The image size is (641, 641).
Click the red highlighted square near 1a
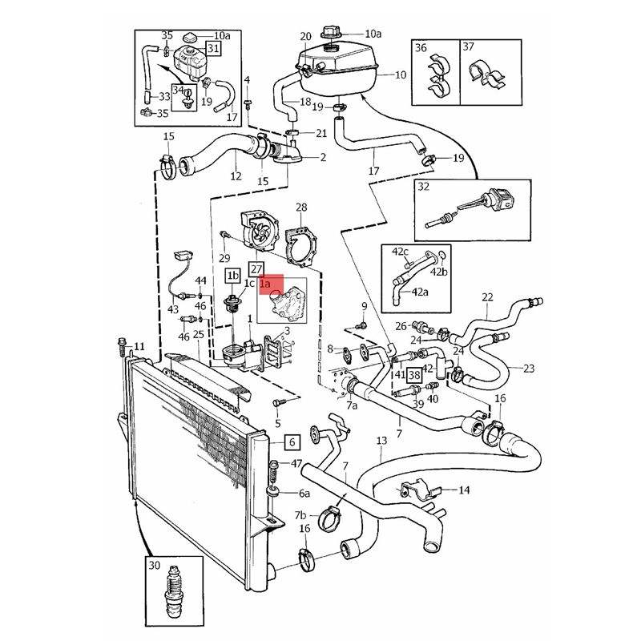tap(273, 284)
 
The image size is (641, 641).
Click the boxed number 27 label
tap(256, 269)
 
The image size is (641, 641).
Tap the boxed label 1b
tap(232, 276)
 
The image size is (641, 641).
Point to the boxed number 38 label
tap(414, 375)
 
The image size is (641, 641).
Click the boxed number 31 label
tap(213, 48)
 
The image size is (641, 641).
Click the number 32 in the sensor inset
tap(425, 188)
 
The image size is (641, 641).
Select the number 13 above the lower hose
tap(381, 441)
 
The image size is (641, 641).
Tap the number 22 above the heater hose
tap(487, 298)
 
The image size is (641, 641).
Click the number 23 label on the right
tap(529, 369)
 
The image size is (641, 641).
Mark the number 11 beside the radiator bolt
tap(139, 347)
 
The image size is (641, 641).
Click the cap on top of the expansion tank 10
tap(330, 34)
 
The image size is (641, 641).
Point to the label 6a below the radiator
tap(304, 494)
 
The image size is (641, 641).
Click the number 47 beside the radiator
tap(296, 464)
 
